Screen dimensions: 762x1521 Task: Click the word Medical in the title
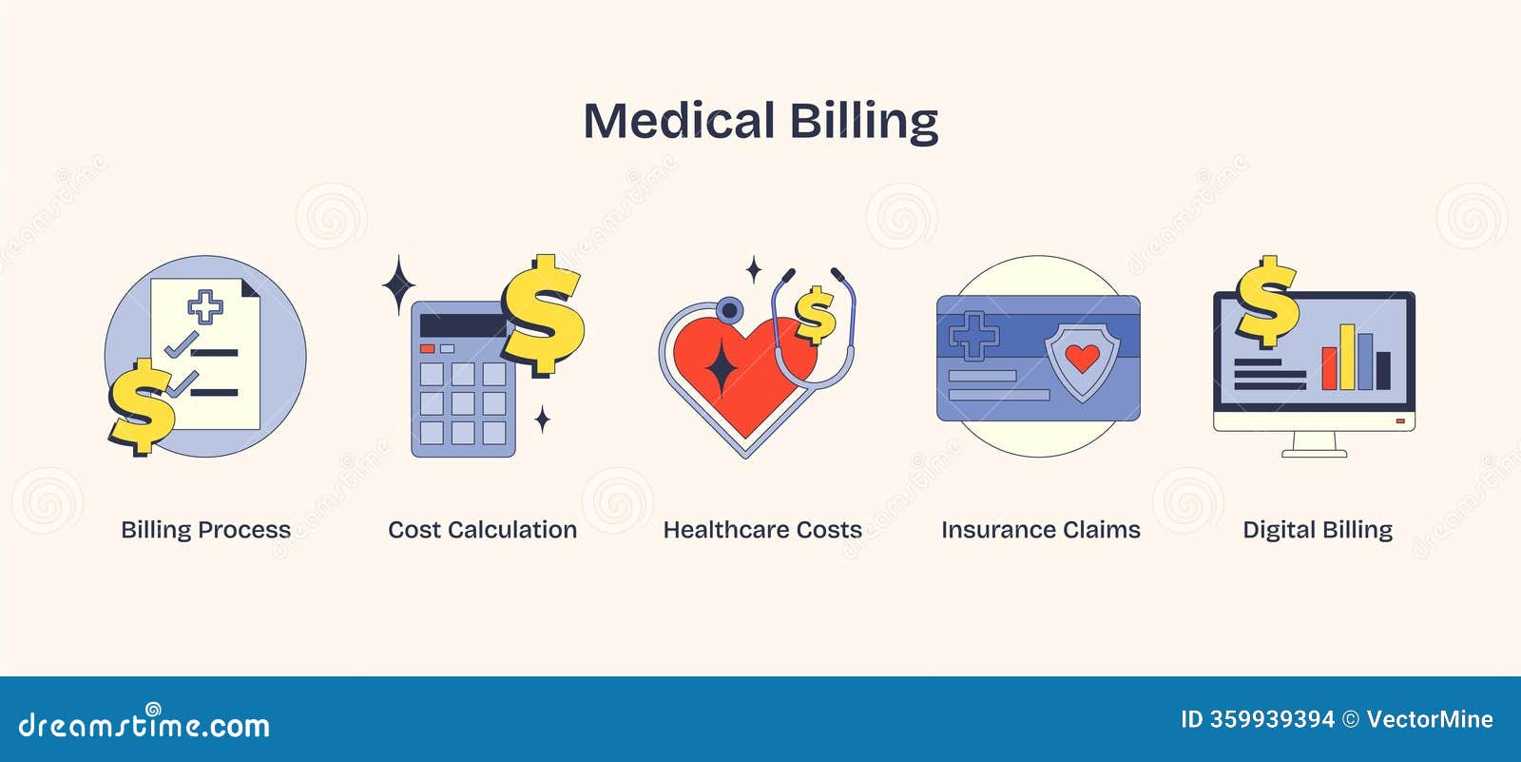coord(679,121)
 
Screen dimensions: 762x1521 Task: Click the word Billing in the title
coord(863,121)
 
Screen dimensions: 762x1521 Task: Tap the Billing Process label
coord(205,530)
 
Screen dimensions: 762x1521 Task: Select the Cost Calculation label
coord(482,530)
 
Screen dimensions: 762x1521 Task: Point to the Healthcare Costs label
coord(762,530)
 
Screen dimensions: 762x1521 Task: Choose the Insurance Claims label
coord(1040,530)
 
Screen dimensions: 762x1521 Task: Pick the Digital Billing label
coord(1318,530)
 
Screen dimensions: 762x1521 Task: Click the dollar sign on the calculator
coord(542,314)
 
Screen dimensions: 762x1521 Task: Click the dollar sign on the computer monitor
coord(1266,302)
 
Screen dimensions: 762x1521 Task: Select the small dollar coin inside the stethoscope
coord(815,314)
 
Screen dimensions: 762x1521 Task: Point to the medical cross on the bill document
coord(205,306)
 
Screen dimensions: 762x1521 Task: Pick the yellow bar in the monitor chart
coord(1346,357)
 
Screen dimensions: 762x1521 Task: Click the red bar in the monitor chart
coord(1329,368)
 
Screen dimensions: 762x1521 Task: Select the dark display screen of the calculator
coord(462,326)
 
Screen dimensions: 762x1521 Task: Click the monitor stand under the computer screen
coord(1315,445)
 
